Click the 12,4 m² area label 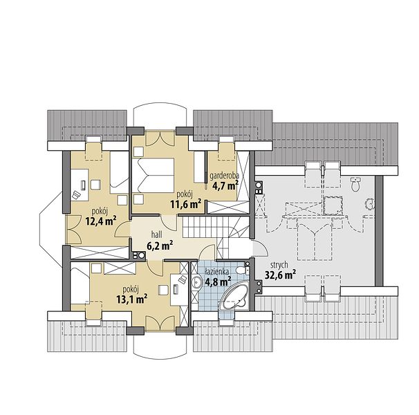click(101, 221)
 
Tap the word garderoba click(224, 176)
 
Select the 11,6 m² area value click(186, 204)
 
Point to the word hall click(156, 235)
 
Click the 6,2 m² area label click(160, 246)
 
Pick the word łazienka click(216, 272)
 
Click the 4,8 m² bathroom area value click(218, 282)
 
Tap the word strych click(279, 265)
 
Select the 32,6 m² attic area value click(280, 275)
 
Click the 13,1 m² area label click(132, 299)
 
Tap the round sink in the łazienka click(198, 282)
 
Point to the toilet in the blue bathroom click(243, 270)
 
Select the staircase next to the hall click(216, 230)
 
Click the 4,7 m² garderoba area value click(225, 185)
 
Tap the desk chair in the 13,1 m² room click(163, 290)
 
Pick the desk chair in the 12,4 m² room click(95, 185)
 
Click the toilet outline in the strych click(356, 183)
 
